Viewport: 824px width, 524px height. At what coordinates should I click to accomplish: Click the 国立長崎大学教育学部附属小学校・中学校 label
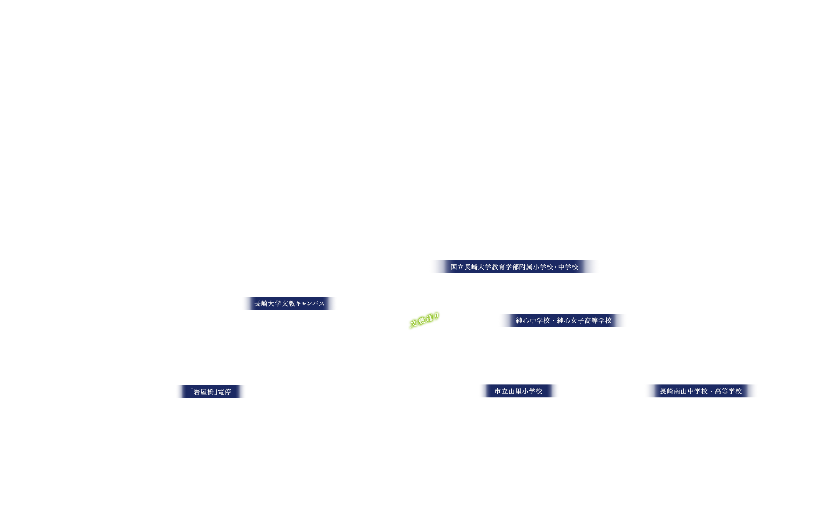point(514,267)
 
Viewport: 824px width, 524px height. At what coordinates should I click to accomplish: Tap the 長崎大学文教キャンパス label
point(289,304)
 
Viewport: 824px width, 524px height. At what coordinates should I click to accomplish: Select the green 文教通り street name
point(424,320)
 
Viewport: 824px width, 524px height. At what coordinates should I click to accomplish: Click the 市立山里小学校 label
point(519,391)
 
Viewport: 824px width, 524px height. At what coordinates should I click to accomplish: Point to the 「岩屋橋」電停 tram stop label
point(210,392)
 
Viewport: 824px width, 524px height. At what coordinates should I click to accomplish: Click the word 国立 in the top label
point(457,267)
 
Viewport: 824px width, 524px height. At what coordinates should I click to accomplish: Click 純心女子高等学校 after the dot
point(584,321)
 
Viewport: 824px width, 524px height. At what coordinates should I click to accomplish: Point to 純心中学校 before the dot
point(533,321)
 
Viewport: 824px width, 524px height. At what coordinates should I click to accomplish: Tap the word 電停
point(225,392)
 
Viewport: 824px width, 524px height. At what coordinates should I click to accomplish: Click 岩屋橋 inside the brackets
point(204,392)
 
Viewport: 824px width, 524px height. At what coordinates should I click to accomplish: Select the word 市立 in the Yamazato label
point(501,391)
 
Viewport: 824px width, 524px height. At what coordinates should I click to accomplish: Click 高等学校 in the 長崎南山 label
point(728,391)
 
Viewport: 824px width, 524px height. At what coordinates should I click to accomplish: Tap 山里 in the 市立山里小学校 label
point(515,391)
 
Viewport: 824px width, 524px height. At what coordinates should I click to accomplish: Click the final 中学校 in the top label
point(568,267)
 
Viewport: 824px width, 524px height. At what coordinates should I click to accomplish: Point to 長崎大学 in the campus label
point(268,304)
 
